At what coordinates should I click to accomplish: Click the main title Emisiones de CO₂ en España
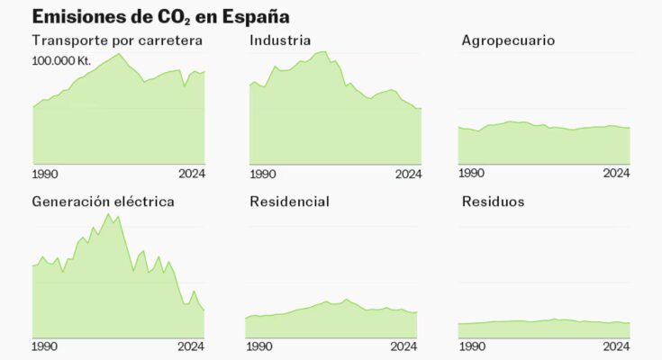[x=160, y=16]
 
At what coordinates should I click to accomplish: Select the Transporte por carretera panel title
[x=117, y=40]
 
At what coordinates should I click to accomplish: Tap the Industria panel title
[x=280, y=40]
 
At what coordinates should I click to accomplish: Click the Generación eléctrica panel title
[x=103, y=201]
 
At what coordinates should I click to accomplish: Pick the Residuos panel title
[x=493, y=201]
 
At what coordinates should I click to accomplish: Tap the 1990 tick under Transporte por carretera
[x=46, y=174]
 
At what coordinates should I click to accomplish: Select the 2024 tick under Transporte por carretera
[x=191, y=174]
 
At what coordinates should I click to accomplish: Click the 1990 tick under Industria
[x=263, y=174]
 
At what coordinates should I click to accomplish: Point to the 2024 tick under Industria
[x=408, y=174]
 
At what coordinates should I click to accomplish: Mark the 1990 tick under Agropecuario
[x=471, y=174]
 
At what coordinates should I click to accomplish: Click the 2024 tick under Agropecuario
[x=616, y=174]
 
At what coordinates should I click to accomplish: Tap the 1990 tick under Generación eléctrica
[x=46, y=346]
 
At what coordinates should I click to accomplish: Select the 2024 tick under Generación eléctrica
[x=191, y=346]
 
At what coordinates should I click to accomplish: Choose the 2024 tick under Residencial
[x=404, y=346]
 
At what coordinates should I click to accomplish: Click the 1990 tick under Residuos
[x=471, y=346]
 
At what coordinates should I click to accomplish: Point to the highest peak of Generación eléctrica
[x=108, y=214]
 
